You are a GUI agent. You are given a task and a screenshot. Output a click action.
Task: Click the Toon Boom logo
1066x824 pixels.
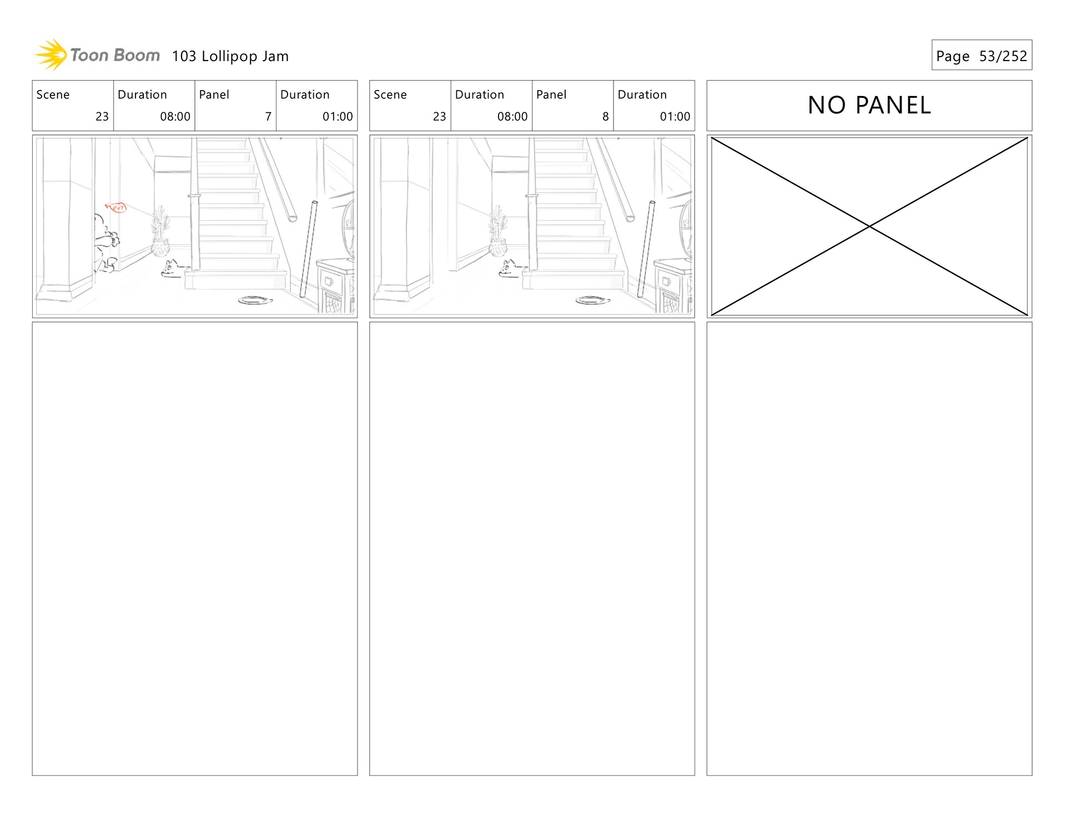[x=98, y=55]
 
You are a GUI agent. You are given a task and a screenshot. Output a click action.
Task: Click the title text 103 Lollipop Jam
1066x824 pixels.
[x=230, y=56]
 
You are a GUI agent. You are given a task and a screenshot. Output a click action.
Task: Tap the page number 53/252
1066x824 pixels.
[x=1003, y=56]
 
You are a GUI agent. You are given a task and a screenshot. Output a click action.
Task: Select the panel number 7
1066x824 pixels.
[x=268, y=117]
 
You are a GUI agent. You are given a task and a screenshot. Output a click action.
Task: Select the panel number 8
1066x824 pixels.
[x=605, y=117]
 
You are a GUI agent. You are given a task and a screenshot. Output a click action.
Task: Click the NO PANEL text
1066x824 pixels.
[x=869, y=105]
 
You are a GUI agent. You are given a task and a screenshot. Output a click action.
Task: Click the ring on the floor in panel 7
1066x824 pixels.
[x=255, y=300]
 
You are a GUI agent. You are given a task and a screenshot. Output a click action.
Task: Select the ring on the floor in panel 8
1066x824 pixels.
[x=592, y=300]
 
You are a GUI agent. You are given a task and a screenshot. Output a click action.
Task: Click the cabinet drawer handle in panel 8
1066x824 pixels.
[x=666, y=282]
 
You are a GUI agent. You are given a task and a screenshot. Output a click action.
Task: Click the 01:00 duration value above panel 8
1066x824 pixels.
[x=675, y=117]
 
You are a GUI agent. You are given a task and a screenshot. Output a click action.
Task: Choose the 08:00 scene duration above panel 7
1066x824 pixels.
[x=175, y=117]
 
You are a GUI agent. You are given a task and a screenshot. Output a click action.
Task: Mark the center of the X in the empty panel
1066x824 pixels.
[x=869, y=227]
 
